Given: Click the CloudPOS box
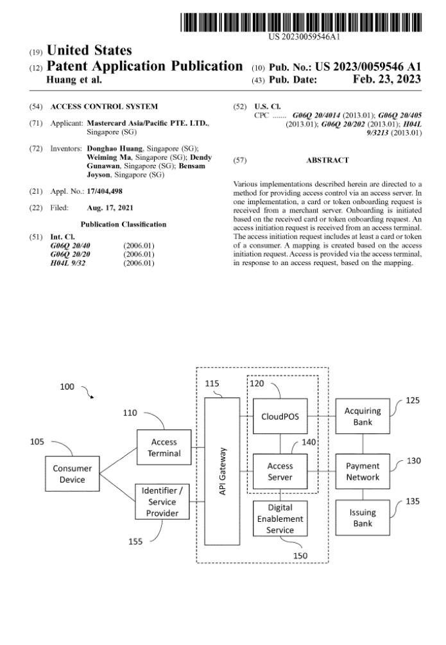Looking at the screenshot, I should [280, 416].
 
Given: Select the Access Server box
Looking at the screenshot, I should [280, 472].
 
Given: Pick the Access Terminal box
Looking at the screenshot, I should [164, 448].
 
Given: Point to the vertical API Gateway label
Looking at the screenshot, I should [222, 471].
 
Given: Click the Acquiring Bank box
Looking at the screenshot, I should [363, 417].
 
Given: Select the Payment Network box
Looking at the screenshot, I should [363, 472].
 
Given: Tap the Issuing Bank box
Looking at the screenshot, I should [363, 518].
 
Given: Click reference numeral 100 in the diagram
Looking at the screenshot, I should [67, 387].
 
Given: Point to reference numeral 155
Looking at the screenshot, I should [135, 542].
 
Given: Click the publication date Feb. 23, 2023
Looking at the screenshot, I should [387, 80].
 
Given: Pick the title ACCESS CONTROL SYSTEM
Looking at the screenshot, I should [104, 105].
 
